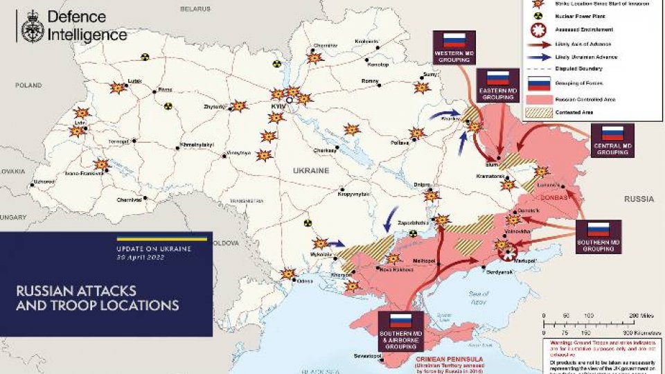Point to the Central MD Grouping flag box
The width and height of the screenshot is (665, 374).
(x=612, y=141)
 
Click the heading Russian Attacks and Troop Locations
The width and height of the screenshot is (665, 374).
(x=97, y=297)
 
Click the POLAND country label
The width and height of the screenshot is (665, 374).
(x=29, y=84)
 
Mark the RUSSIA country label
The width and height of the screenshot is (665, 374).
(x=638, y=199)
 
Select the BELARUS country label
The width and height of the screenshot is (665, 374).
(x=195, y=8)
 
